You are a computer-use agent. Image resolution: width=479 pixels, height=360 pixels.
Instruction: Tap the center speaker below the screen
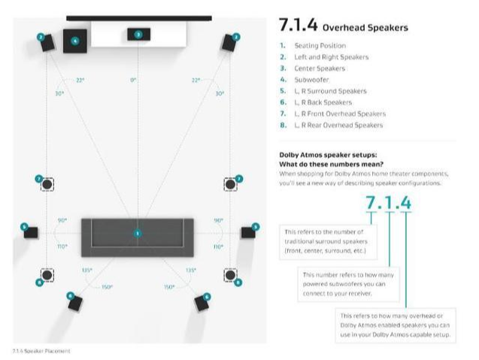tap(138, 35)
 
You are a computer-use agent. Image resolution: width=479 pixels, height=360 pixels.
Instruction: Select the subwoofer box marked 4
tap(74, 41)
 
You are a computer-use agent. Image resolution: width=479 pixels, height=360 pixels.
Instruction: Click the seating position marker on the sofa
tap(138, 234)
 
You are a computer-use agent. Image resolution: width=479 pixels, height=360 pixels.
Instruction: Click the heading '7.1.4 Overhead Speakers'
tap(344, 26)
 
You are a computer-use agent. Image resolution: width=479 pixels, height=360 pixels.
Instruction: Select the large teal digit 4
tap(405, 202)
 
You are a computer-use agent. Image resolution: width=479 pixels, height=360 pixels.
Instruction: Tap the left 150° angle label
tap(108, 286)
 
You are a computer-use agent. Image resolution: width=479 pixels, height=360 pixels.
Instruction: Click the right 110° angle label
tap(218, 246)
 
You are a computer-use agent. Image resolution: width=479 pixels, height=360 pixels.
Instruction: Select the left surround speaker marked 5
tap(30, 231)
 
